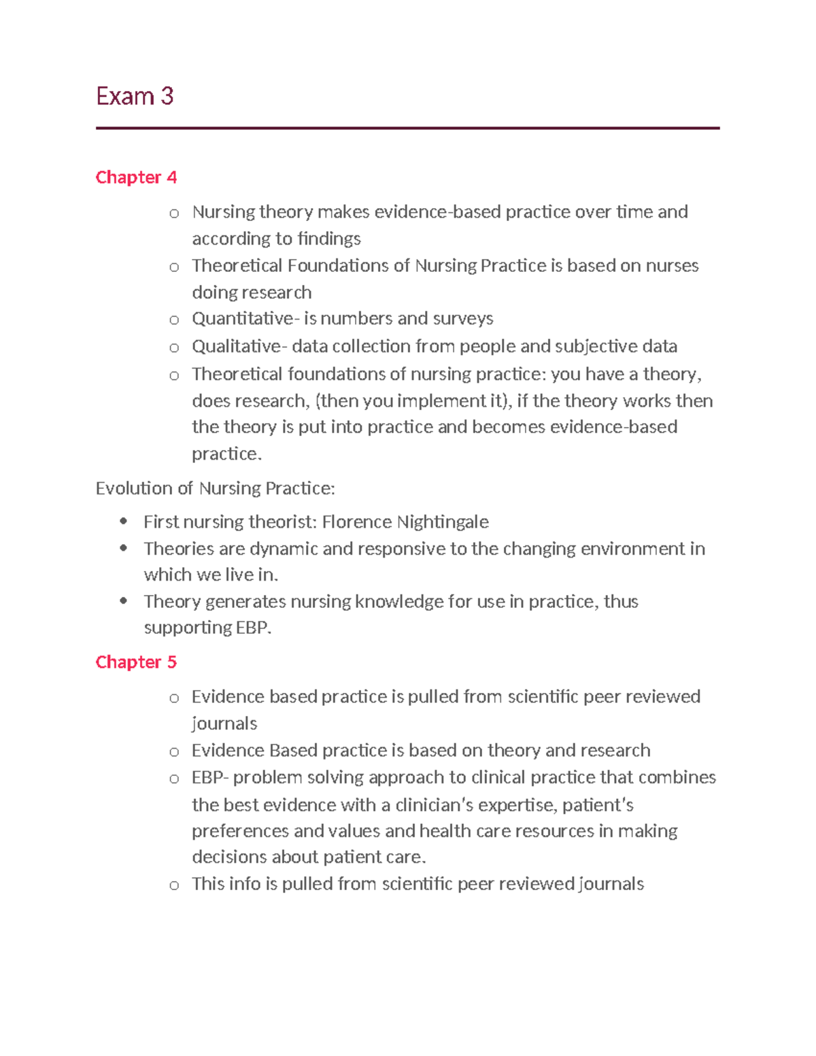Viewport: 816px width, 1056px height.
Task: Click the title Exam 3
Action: (x=135, y=97)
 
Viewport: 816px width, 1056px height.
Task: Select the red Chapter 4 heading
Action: (x=136, y=177)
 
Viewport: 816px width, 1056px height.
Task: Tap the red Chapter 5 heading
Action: (x=136, y=662)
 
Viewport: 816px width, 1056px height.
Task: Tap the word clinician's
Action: (x=434, y=806)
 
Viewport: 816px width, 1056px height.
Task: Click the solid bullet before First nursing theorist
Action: (x=123, y=522)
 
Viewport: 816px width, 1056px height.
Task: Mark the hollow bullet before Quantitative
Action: (x=174, y=320)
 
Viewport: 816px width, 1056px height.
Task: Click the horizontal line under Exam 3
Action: (x=407, y=128)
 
